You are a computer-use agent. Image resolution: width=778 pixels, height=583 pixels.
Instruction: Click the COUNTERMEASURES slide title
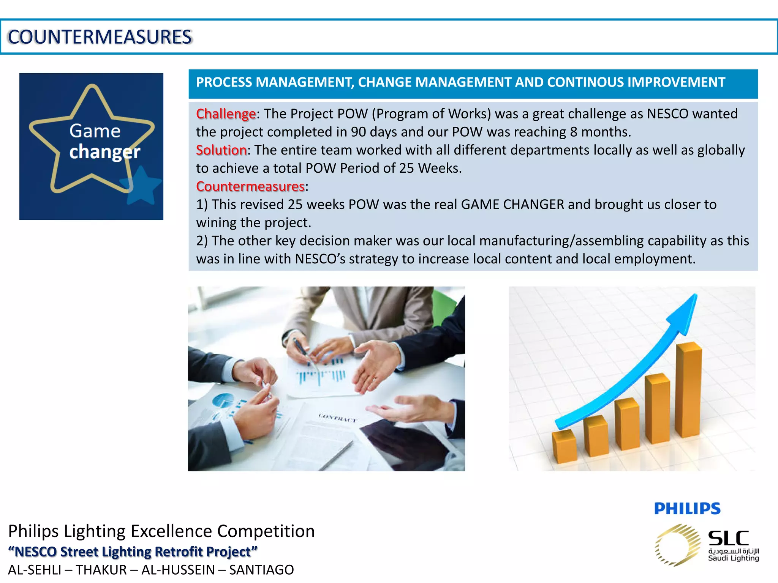[x=100, y=37]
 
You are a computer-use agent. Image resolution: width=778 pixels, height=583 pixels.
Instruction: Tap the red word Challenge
[x=226, y=114]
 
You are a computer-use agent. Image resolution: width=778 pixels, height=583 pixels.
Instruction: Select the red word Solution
[x=221, y=150]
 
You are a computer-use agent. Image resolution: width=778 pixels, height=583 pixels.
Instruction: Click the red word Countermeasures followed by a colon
[x=250, y=186]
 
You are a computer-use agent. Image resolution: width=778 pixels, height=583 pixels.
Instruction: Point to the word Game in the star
[x=95, y=131]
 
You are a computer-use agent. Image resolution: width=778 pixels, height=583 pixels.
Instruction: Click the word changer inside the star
[x=105, y=152]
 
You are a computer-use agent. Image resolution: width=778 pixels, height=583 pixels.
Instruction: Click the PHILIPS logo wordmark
[x=687, y=509]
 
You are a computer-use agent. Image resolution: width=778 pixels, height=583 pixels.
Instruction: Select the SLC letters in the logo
[x=728, y=538]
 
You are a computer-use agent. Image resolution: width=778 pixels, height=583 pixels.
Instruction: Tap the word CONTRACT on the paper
[x=338, y=418]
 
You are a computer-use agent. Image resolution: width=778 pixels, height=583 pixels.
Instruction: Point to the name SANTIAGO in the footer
[x=261, y=570]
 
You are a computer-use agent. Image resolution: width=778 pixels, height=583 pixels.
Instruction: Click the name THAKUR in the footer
[x=101, y=570]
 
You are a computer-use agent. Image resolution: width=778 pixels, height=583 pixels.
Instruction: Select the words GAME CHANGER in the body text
[x=512, y=205]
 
